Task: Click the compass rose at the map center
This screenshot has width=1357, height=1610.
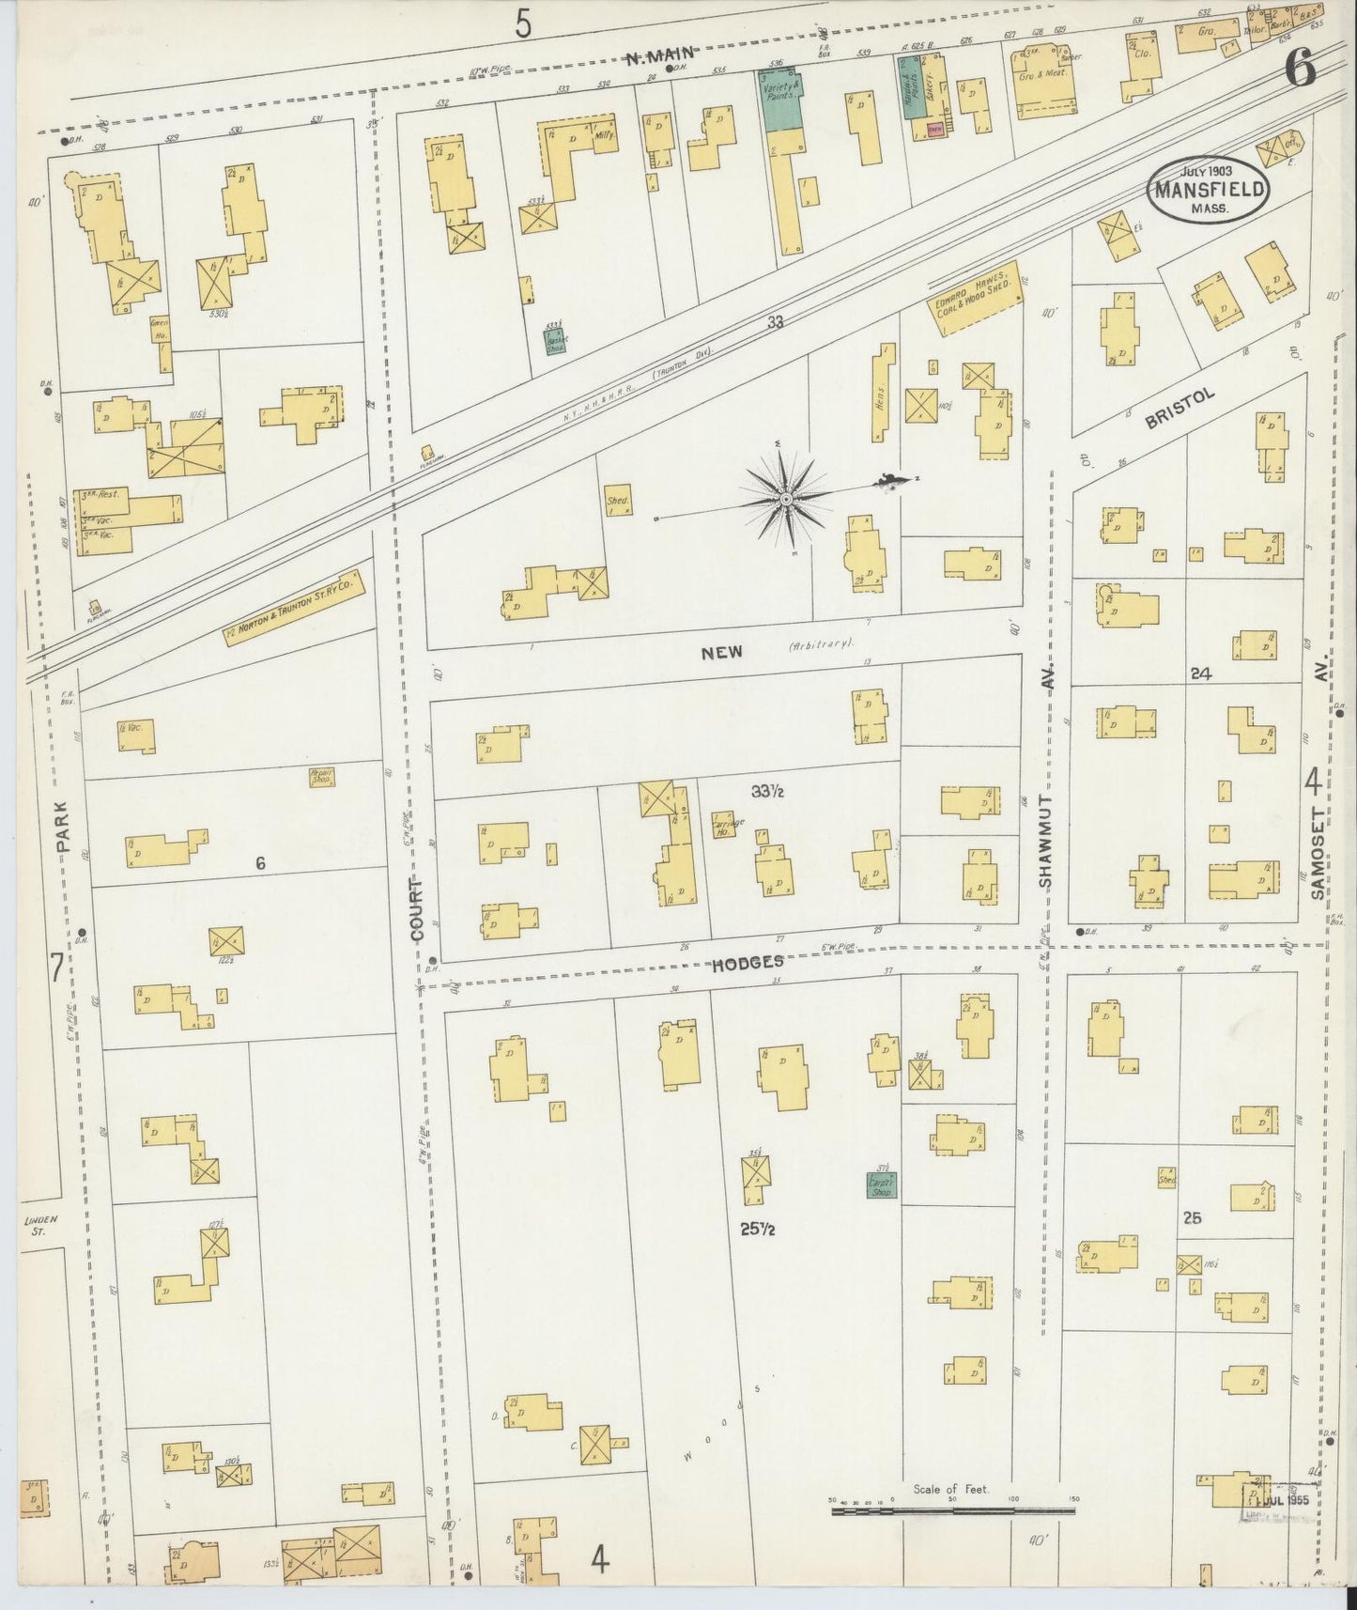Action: [785, 499]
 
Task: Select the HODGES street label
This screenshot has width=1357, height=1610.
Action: [748, 963]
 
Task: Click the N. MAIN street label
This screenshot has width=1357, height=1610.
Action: [659, 58]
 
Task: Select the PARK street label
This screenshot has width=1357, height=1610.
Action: [62, 827]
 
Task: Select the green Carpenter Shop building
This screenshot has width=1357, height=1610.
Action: [881, 1185]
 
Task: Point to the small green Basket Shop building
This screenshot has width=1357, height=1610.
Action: [556, 340]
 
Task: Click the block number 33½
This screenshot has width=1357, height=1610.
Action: [767, 792]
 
